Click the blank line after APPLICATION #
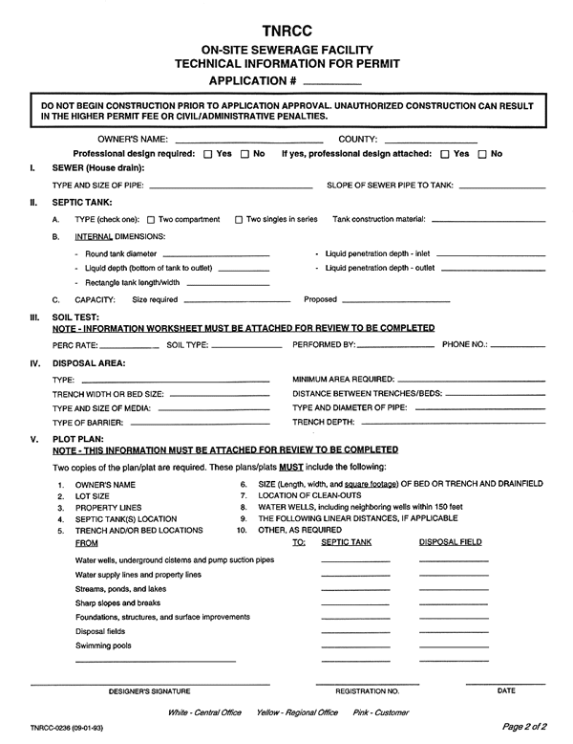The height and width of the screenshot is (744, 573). click(x=337, y=81)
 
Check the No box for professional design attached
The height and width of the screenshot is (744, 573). click(x=483, y=155)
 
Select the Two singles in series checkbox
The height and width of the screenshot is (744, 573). click(x=239, y=221)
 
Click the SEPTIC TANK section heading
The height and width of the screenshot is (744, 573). click(x=82, y=203)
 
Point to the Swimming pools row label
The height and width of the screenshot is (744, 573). click(x=102, y=646)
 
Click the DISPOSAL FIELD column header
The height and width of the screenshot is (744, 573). click(x=451, y=542)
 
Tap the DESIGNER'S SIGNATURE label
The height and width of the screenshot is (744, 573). click(x=150, y=690)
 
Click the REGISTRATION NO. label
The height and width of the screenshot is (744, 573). click(x=368, y=690)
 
